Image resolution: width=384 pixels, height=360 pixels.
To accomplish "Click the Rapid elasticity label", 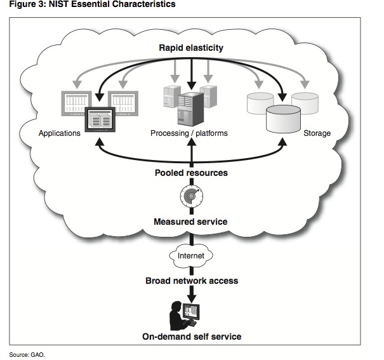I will tap(191, 48).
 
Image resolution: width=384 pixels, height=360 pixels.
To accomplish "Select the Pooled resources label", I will tap(191, 173).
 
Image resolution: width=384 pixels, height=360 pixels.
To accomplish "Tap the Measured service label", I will tap(190, 222).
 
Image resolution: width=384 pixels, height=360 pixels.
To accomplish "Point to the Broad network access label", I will tap(191, 280).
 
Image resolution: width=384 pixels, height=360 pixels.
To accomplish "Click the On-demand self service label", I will tap(191, 337).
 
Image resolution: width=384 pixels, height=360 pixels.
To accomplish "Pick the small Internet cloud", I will tap(190, 255).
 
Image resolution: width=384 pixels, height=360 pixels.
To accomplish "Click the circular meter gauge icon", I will tap(190, 197).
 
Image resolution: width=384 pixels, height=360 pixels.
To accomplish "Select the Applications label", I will tap(59, 134).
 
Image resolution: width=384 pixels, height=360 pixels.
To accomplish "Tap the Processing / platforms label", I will tap(189, 134).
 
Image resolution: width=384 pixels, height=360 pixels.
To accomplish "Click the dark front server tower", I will tap(190, 108).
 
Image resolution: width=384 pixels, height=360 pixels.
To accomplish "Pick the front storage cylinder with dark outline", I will tap(283, 117).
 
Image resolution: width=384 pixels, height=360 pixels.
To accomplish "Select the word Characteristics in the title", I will tap(145, 4).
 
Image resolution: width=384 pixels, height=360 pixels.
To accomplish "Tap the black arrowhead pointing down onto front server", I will tap(190, 85).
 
